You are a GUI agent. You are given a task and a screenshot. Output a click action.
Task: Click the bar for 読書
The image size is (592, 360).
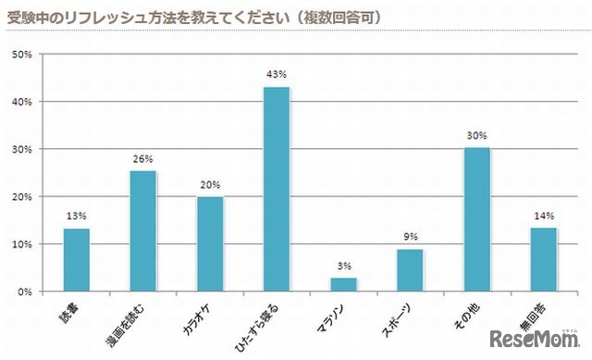coord(76,260)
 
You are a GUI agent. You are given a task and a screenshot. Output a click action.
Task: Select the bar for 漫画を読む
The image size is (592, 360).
coord(142,230)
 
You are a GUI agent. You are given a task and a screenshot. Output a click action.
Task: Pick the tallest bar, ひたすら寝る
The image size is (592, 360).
coord(277,189)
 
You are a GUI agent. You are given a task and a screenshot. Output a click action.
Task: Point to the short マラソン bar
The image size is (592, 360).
coord(343,284)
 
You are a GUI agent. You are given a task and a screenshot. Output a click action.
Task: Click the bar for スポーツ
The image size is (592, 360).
coord(410,270)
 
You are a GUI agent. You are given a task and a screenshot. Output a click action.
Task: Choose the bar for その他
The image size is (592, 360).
coord(477,219)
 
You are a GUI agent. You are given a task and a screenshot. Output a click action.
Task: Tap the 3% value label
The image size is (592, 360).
coord(343,267)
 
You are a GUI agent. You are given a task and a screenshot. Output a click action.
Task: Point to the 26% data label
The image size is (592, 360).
coord(142,159)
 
